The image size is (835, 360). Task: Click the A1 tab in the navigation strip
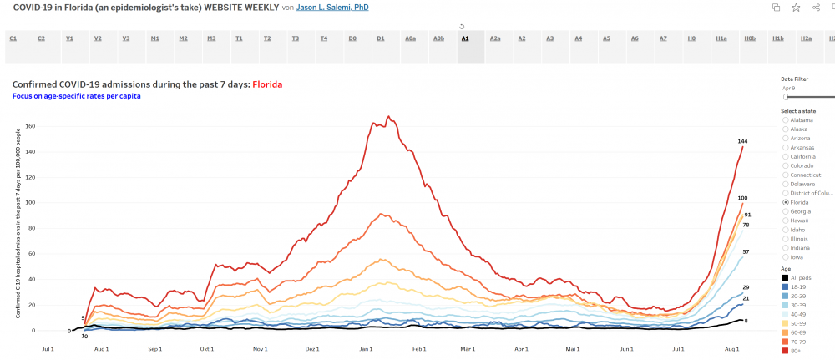coord(465,38)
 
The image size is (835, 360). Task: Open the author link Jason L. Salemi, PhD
coord(332,8)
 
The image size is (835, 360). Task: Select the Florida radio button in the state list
coord(785,202)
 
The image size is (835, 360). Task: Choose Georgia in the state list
coord(785,212)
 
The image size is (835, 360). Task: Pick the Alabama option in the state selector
coord(785,120)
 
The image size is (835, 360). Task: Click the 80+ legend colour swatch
coord(785,350)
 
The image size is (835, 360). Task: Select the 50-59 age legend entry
coord(797,322)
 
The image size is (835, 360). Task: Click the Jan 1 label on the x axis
coord(364,347)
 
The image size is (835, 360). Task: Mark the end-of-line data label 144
coord(742,141)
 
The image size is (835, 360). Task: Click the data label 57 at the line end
coord(746,251)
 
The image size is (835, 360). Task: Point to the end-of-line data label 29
coord(746,287)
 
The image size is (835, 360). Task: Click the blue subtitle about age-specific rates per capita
coord(76,96)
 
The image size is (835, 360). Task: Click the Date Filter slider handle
coord(785,97)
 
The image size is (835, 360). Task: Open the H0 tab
coord(691,38)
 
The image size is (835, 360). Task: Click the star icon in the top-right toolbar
coord(796,8)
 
